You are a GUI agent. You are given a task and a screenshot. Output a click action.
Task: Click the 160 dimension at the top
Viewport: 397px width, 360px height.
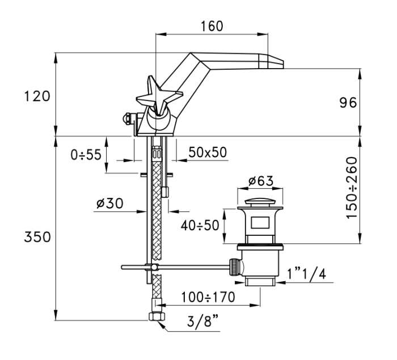pos(212,26)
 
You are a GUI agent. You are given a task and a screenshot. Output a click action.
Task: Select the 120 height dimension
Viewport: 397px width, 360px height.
pos(37,96)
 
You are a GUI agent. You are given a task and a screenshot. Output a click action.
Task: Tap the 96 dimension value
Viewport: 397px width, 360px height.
pos(348,103)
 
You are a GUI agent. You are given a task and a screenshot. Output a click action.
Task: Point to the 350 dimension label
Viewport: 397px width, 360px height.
pos(37,238)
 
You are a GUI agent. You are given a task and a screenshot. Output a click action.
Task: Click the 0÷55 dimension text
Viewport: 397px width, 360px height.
pos(86,155)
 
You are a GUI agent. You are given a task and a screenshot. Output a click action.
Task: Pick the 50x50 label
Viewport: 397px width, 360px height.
pos(208,153)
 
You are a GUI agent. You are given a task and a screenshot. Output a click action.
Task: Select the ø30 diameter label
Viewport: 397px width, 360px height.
pos(110,204)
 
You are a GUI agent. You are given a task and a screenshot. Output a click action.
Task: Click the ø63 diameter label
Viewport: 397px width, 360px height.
pos(261,181)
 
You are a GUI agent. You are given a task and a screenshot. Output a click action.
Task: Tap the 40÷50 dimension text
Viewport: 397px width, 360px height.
pos(200,225)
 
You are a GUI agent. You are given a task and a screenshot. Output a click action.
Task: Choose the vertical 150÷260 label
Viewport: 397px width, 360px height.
pos(352,188)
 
